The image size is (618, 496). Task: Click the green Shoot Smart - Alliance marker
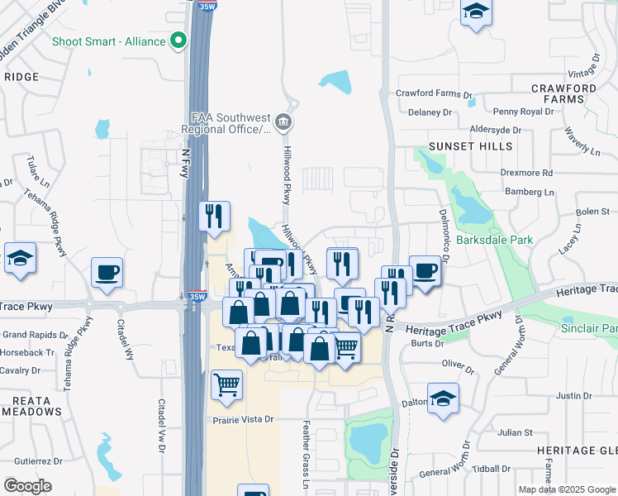pyautogui.click(x=178, y=41)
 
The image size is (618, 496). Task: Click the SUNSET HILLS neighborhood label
pyautogui.click(x=470, y=146)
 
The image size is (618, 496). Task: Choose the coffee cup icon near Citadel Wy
pyautogui.click(x=107, y=272)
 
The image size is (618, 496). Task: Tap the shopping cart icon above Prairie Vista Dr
pyautogui.click(x=226, y=384)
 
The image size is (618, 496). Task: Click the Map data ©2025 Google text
pyautogui.click(x=566, y=489)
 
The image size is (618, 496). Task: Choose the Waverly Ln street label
pyautogui.click(x=582, y=141)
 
